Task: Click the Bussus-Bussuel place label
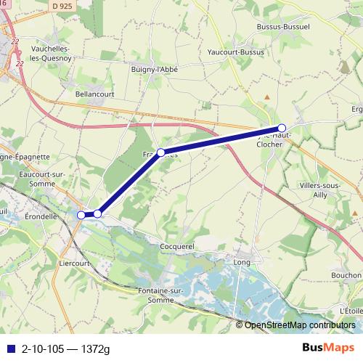[283, 27]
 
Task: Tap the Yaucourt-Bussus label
[236, 52]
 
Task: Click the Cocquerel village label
[178, 247]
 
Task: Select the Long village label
[242, 261]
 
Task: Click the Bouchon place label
[345, 276]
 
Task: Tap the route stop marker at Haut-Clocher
[282, 128]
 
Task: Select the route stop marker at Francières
[161, 152]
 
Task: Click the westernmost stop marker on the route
[81, 214]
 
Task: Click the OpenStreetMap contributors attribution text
[300, 325]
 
